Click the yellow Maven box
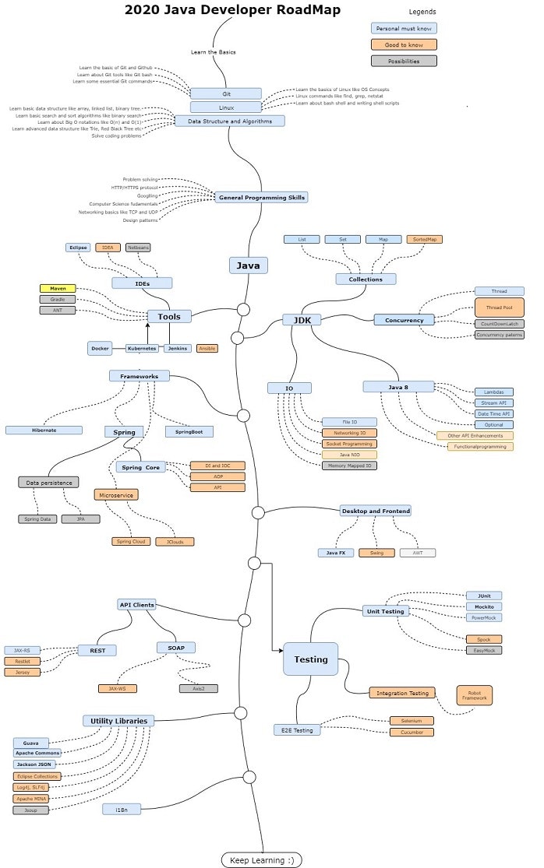[58, 288]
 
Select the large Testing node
[310, 659]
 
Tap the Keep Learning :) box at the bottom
[261, 859]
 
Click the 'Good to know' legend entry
[404, 44]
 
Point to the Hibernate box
[44, 430]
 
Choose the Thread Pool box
[500, 307]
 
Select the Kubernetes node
[143, 349]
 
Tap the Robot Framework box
[475, 695]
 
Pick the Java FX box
[336, 553]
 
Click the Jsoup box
[30, 810]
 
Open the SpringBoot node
[189, 431]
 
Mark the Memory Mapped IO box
[349, 466]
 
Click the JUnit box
[484, 596]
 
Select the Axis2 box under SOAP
[199, 688]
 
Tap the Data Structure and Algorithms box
[230, 121]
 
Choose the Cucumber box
[412, 732]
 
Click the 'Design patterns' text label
[140, 220]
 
